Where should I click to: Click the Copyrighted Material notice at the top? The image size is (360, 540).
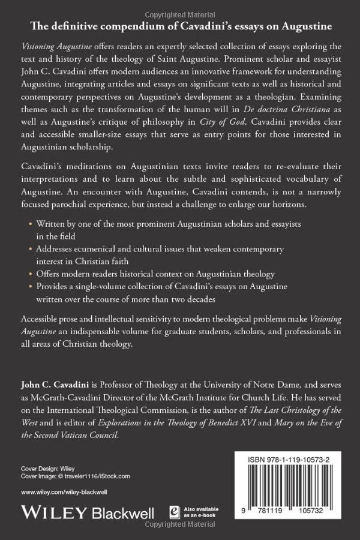click(180, 5)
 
